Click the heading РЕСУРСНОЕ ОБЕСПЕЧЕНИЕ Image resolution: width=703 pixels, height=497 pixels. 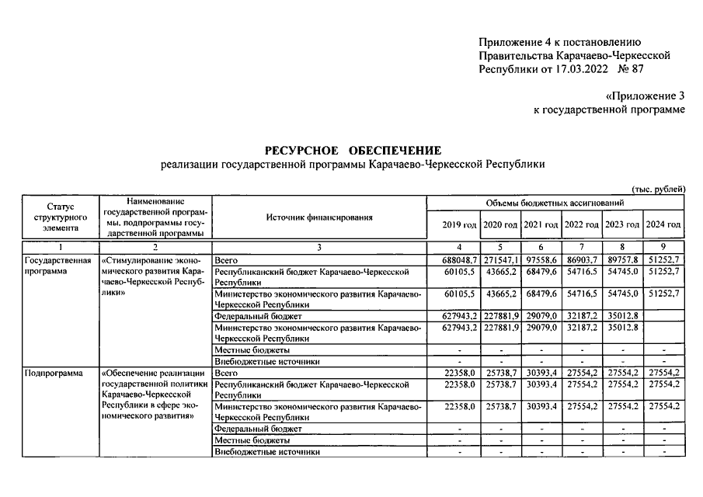(353, 150)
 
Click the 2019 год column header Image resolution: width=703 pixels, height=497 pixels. (459, 224)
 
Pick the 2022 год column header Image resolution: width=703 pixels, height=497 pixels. (582, 224)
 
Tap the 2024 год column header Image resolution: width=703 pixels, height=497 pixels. (664, 224)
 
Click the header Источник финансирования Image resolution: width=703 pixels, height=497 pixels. (318, 217)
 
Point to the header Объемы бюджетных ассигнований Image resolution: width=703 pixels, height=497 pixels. (555, 203)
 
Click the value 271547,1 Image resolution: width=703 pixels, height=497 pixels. (500, 258)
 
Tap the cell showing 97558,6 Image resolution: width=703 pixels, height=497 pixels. (541, 258)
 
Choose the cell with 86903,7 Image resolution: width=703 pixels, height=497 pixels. (582, 258)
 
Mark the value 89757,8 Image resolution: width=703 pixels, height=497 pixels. (623, 258)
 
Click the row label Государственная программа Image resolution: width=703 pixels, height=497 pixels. (59, 266)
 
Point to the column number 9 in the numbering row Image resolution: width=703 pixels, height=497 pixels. (664, 246)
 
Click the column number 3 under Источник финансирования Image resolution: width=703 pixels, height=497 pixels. (318, 246)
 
